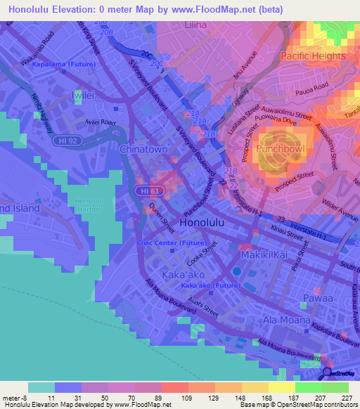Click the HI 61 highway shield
[147, 191]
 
